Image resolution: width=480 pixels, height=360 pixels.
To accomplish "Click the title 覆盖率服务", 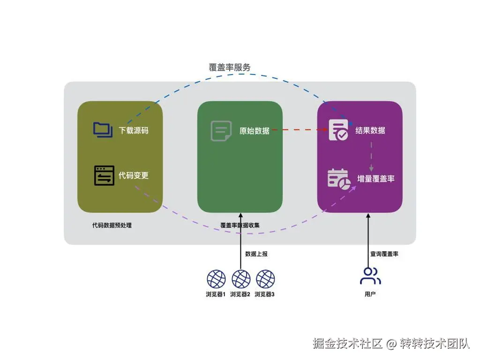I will tap(230, 67).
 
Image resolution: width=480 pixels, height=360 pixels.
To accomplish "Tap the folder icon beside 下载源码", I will tap(103, 129).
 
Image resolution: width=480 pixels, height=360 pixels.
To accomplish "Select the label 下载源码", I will tap(134, 130).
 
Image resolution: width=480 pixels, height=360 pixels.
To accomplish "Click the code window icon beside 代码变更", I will tap(104, 175).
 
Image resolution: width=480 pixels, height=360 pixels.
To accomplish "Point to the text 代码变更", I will tap(134, 176).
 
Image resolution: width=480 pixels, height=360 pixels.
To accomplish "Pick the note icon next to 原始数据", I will tap(221, 131).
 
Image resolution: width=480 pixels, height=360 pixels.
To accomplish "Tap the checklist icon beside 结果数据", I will tap(338, 130).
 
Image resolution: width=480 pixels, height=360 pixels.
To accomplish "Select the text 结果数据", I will tap(370, 130).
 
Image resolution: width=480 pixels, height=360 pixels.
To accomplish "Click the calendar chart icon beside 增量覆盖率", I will tap(338, 179).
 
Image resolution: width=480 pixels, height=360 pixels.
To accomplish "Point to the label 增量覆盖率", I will tap(376, 179).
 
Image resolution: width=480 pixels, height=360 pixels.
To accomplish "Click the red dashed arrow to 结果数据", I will tap(300, 130).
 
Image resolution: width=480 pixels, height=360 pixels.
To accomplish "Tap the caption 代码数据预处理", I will tap(112, 225).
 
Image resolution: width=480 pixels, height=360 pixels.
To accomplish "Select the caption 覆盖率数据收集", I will tap(240, 225).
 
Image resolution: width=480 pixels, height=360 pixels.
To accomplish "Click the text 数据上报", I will tap(256, 254).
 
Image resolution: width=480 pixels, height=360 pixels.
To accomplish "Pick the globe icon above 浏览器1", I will tap(216, 279).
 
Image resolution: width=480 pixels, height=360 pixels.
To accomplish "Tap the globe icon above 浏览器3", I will tap(265, 279).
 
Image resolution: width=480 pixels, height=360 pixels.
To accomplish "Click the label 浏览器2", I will tap(240, 294).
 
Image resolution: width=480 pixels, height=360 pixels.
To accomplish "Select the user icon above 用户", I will tap(370, 276).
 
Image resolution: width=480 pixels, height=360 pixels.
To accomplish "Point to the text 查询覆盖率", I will tap(384, 254).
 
